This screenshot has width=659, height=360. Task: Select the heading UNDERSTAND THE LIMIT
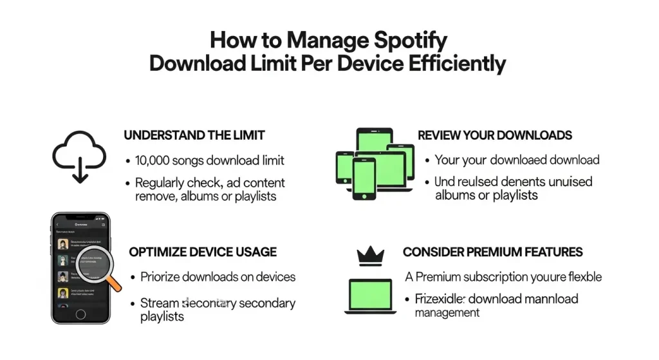click(x=194, y=135)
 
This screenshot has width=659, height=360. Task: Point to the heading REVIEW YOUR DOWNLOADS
click(x=495, y=135)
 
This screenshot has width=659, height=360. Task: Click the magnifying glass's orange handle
click(x=114, y=281)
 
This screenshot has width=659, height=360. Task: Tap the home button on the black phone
click(x=80, y=314)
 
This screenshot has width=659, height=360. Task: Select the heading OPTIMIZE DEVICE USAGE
click(x=203, y=252)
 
